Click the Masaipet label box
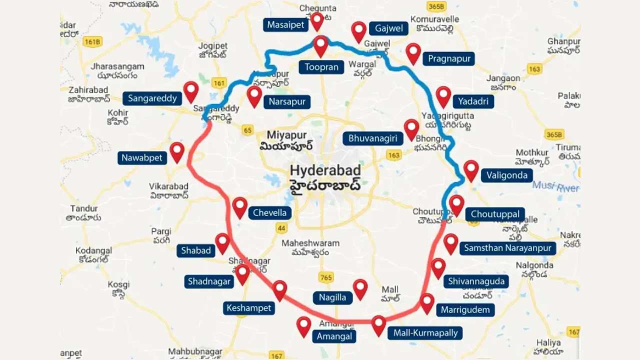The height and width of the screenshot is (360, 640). [x=285, y=25]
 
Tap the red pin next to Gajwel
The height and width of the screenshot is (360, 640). [x=358, y=31]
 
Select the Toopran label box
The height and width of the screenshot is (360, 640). [x=321, y=67]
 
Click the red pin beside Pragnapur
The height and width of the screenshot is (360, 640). [x=413, y=52]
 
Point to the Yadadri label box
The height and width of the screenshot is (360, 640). [x=473, y=101]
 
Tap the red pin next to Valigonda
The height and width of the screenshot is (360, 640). [x=471, y=169]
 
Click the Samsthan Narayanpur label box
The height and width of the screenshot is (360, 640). [x=507, y=248]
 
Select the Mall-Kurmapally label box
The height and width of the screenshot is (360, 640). [x=425, y=333]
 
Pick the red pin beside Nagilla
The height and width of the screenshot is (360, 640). [x=360, y=288]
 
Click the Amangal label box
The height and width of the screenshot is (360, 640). [x=334, y=336]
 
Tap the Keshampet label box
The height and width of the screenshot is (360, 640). [x=248, y=308]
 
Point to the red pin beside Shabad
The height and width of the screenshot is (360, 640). [x=222, y=242]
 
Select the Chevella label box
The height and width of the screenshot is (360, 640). [x=269, y=213]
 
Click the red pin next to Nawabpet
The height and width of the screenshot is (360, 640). [x=177, y=151]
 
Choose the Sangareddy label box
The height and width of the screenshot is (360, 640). [x=152, y=98]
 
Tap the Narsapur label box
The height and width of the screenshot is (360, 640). [x=287, y=102]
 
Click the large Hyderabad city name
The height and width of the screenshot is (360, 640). [x=325, y=170]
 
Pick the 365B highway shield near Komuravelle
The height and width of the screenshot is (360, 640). [x=436, y=6]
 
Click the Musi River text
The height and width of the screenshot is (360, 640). [x=555, y=186]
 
